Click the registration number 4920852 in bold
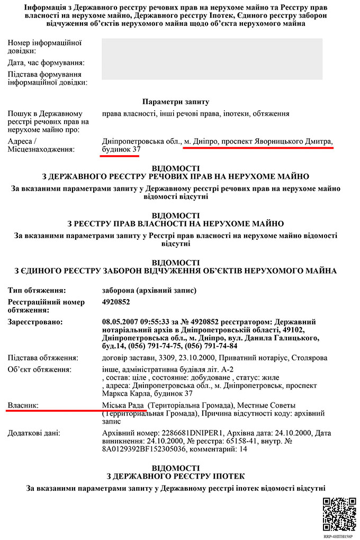coord(116,302)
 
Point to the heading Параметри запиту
coord(176,101)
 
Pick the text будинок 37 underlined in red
coord(121,151)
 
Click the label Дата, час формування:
coord(46,63)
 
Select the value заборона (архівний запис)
coord(149,291)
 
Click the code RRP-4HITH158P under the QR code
coord(338,536)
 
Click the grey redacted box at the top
coord(212,59)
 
